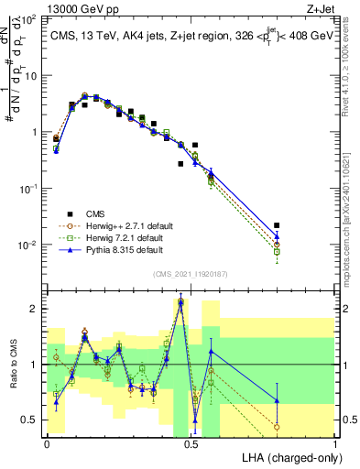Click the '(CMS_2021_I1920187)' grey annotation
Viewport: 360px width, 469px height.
click(190, 274)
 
